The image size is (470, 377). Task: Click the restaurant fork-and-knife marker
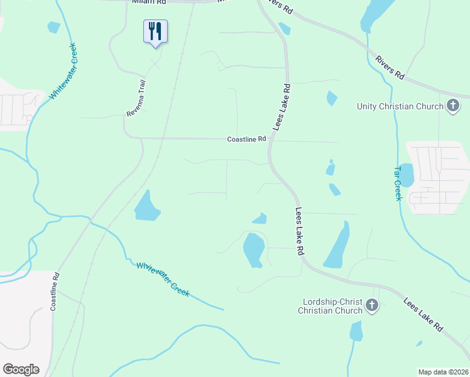(x=155, y=31)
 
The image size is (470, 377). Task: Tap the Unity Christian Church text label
(x=400, y=106)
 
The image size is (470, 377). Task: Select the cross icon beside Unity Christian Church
(x=453, y=106)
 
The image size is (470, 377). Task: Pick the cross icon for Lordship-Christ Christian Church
(x=371, y=305)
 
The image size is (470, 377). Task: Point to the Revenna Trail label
(x=136, y=97)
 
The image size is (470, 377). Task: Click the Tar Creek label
(x=397, y=183)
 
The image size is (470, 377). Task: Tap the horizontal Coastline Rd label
(x=247, y=139)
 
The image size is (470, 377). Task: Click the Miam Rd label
(x=148, y=2)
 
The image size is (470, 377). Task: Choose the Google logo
(x=21, y=369)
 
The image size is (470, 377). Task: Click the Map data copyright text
(x=443, y=372)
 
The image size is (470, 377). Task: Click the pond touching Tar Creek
(x=406, y=175)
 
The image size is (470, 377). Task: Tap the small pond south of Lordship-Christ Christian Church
(x=356, y=331)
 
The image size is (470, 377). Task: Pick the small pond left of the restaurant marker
(x=53, y=27)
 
